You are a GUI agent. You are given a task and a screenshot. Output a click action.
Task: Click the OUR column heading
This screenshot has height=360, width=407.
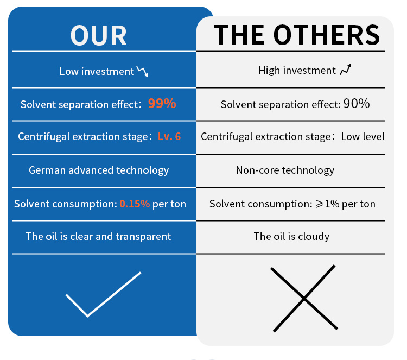[x=98, y=36]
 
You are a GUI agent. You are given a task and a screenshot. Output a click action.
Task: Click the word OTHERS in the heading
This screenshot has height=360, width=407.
[x=327, y=35]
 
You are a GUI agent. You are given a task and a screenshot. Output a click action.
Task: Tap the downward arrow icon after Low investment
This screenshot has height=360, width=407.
[x=143, y=71]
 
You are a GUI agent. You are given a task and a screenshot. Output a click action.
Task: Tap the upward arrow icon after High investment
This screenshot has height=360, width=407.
[x=346, y=70]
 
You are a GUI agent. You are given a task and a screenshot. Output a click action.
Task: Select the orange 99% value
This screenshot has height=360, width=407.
[x=162, y=103]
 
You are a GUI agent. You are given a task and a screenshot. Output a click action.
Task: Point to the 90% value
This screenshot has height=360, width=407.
[x=357, y=103]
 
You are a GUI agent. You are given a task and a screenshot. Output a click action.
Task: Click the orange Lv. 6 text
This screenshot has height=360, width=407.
[x=169, y=136]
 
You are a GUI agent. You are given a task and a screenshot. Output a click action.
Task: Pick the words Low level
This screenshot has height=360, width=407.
[x=363, y=137]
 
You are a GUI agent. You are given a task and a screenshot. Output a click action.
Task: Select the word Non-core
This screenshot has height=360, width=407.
[x=257, y=170]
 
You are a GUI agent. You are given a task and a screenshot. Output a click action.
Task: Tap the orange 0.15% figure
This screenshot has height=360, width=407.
[x=135, y=204]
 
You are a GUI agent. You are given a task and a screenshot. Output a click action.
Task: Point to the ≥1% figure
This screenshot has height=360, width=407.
[x=327, y=204]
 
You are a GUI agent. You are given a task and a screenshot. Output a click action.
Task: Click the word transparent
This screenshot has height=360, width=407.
[x=143, y=237]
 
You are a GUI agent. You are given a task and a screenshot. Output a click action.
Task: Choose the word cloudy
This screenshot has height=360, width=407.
[x=314, y=237]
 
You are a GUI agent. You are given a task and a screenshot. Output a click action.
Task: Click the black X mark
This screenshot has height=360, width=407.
[x=304, y=299]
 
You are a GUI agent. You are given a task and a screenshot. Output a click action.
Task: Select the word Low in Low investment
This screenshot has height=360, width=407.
[x=69, y=72]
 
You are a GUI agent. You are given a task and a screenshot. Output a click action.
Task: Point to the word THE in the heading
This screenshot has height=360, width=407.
[x=239, y=35]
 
